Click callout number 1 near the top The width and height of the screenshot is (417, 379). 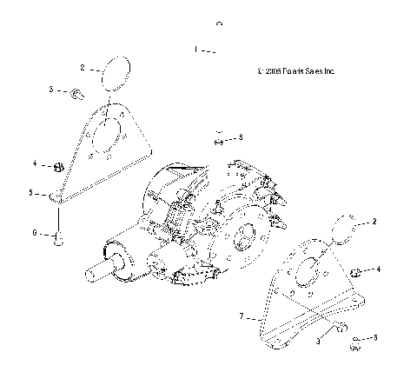pyautogui.click(x=197, y=50)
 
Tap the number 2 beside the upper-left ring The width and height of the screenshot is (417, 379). pyautogui.click(x=83, y=67)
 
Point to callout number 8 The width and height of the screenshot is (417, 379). pyautogui.click(x=241, y=137)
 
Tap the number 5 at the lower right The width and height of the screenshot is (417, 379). pyautogui.click(x=375, y=337)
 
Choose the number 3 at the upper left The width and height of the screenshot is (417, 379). pyautogui.click(x=51, y=90)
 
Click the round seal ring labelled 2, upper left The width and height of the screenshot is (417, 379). pyautogui.click(x=115, y=72)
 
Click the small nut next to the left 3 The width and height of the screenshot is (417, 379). pyautogui.click(x=76, y=93)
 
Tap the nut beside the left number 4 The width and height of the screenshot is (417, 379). pyautogui.click(x=58, y=164)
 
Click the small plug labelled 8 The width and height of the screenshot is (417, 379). pyautogui.click(x=219, y=136)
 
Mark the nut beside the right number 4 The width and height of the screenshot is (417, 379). pyautogui.click(x=355, y=273)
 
